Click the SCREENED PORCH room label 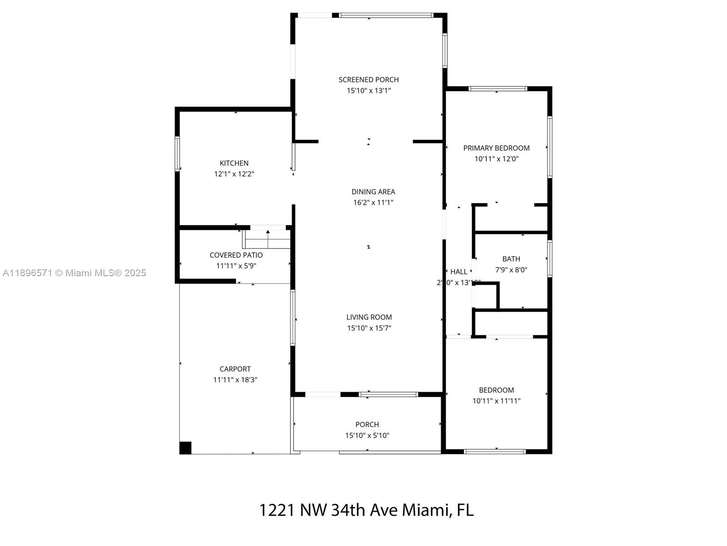[368, 80]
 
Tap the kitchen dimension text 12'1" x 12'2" [234, 174]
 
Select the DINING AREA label [373, 192]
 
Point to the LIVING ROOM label [369, 317]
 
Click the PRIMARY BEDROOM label [496, 148]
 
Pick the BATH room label [511, 259]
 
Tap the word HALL [458, 272]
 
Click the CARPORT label [235, 369]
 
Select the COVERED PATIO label [236, 255]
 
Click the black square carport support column [185, 448]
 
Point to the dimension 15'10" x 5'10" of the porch [367, 435]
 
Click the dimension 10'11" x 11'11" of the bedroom [496, 401]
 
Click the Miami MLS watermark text [75, 273]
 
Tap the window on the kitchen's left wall [178, 154]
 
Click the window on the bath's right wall [550, 258]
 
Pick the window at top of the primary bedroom [498, 89]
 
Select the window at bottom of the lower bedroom [495, 452]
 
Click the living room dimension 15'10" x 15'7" [369, 328]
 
